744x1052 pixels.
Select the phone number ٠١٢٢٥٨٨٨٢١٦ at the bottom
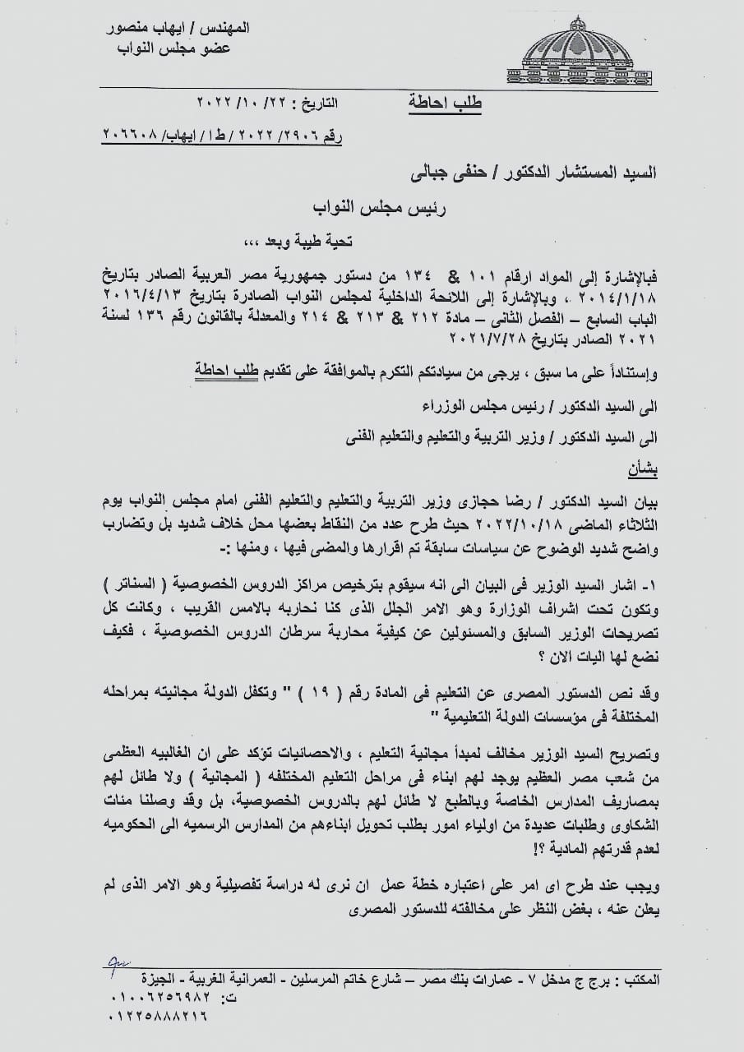[x=159, y=1016]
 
